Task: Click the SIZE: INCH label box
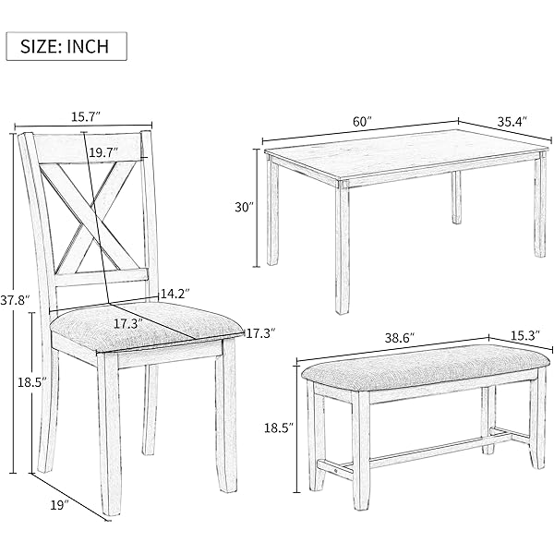(x=66, y=46)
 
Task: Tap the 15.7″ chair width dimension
(x=86, y=116)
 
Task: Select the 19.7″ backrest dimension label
(x=103, y=152)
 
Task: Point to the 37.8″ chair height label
(x=14, y=300)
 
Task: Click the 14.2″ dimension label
(x=175, y=294)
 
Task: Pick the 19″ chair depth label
(x=59, y=505)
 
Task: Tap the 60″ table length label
(x=363, y=122)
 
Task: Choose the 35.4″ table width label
(x=512, y=122)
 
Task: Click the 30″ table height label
(x=245, y=207)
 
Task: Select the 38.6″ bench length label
(x=400, y=338)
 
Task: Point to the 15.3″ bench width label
(x=525, y=334)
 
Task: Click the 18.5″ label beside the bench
(x=279, y=428)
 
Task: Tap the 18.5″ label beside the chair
(x=32, y=382)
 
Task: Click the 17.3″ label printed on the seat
(x=128, y=324)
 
